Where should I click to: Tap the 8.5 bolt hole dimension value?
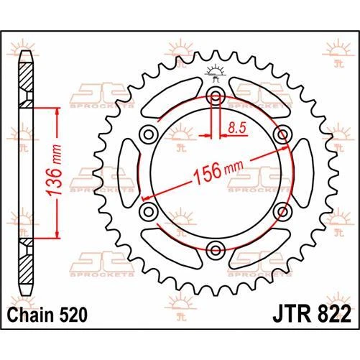(x=235, y=128)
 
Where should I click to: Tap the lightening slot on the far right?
(x=304, y=173)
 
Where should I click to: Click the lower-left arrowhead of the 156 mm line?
(x=146, y=197)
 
